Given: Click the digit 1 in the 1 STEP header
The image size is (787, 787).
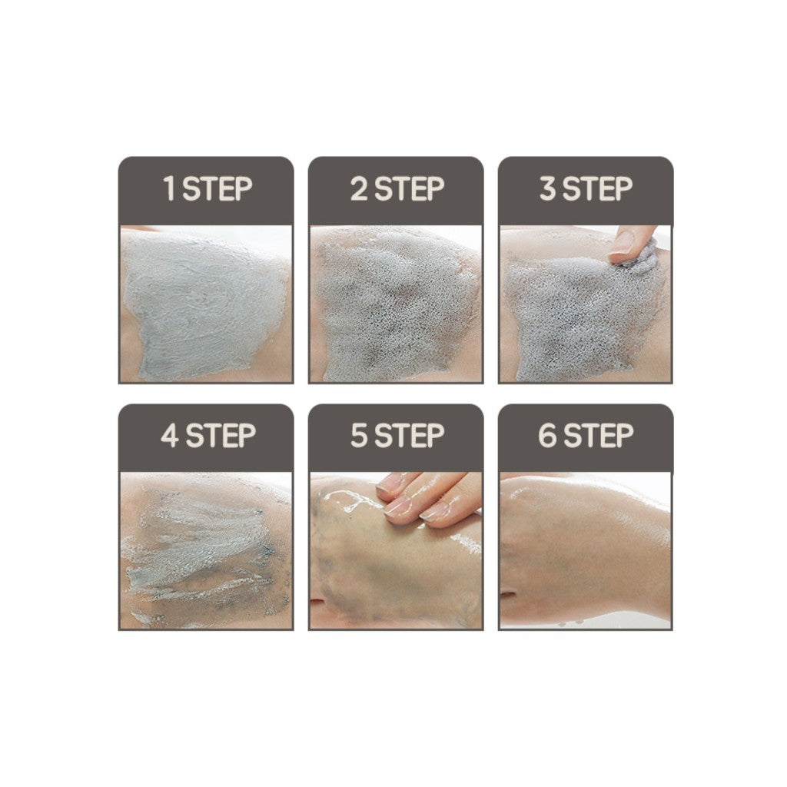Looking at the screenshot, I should click(170, 189).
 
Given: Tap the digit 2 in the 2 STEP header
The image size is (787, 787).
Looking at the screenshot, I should click(359, 189).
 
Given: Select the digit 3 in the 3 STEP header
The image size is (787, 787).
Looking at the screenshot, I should click(547, 189).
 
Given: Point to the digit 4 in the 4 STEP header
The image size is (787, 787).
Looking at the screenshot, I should click(169, 437).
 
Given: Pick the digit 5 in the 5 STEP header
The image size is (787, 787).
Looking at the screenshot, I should click(359, 437).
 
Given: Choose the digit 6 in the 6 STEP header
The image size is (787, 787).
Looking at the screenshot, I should click(547, 437).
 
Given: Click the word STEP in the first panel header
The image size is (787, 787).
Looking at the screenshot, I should click(218, 189).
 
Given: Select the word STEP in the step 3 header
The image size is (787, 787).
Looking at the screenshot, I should click(598, 189).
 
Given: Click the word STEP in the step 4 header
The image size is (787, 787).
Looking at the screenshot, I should click(220, 437).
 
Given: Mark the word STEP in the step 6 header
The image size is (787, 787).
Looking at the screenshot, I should click(598, 437).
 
